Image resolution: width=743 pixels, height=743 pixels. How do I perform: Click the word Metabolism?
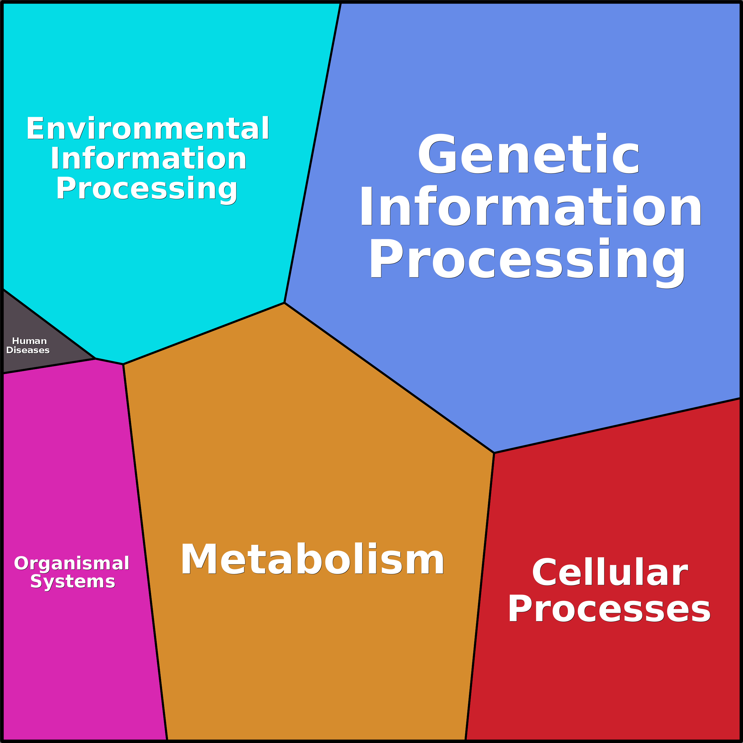(x=312, y=560)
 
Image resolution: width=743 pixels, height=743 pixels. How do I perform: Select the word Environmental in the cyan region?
(x=148, y=128)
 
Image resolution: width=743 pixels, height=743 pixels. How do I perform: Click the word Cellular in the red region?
(x=610, y=573)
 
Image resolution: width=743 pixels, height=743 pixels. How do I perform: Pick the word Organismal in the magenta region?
(x=72, y=564)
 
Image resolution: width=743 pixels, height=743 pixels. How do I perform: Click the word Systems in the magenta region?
(x=73, y=582)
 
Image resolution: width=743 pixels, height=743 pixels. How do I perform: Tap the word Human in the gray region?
(x=30, y=341)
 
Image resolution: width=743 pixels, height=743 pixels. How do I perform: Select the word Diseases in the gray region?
(x=28, y=350)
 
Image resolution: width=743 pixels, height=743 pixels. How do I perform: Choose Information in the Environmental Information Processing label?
(x=148, y=159)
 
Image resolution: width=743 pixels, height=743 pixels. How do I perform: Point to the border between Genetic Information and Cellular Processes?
(x=615, y=426)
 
